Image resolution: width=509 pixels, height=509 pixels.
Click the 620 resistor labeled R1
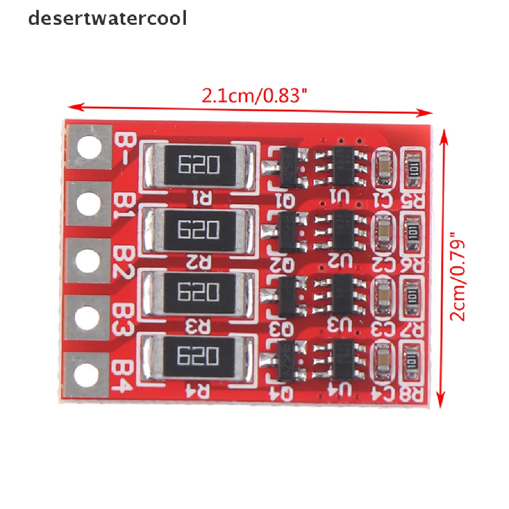tap(199, 164)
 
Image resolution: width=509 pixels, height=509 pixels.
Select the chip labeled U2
tap(343, 230)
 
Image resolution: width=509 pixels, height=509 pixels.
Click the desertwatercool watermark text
tap(107, 18)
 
